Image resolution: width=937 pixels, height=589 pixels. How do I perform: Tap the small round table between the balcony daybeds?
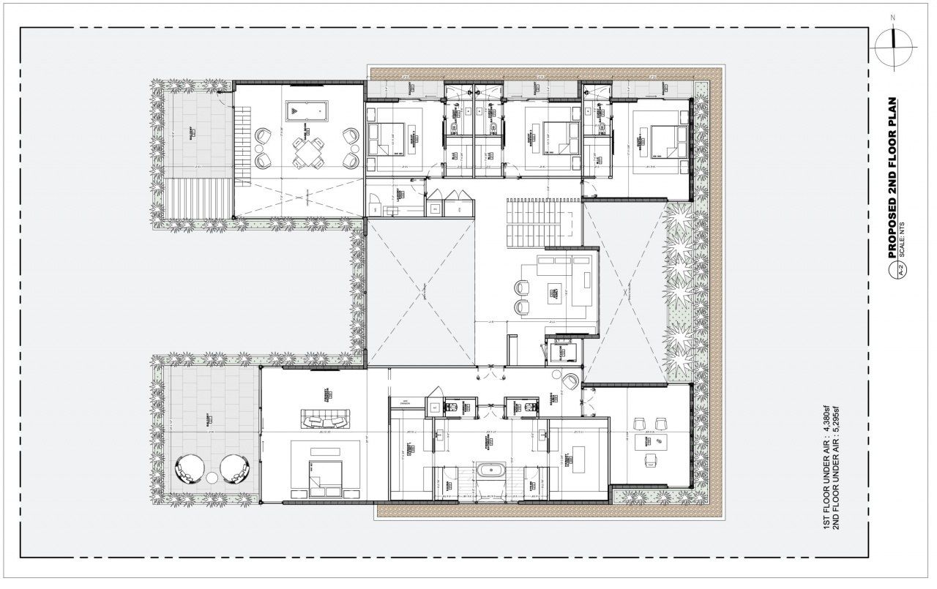point(212,477)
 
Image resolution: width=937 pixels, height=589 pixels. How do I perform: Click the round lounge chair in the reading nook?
point(570,379)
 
